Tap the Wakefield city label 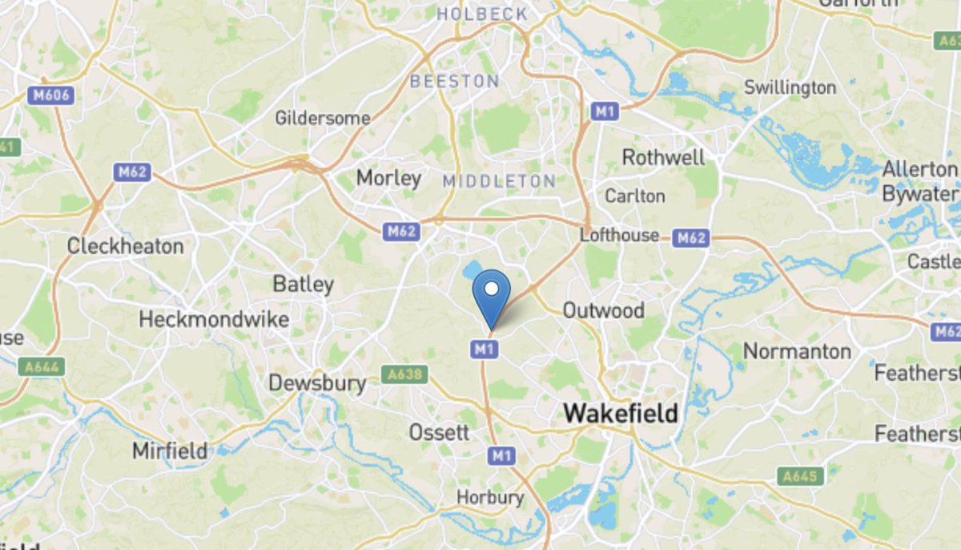pos(621,414)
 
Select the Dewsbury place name pos(317,383)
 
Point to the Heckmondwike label pos(214,320)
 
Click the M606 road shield pos(53,95)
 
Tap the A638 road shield pos(404,374)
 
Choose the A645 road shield pos(800,477)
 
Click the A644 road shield pos(42,366)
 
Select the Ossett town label pos(439,433)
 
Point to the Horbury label pos(490,498)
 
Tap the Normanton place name pos(797,351)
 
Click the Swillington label pos(790,88)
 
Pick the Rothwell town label pos(663,157)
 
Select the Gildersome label pos(323,119)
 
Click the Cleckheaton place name pos(125,246)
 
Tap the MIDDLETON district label pos(499,181)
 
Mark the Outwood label pos(603,310)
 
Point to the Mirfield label pos(170,451)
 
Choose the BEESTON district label pos(454,81)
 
